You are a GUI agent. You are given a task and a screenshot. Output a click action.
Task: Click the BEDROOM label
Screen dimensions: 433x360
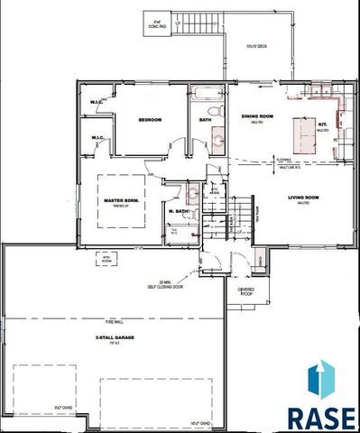tap(149, 119)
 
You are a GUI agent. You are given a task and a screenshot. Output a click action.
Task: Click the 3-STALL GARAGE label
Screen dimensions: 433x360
tap(107, 337)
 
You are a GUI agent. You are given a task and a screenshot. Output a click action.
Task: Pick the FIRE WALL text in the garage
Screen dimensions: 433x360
tap(108, 318)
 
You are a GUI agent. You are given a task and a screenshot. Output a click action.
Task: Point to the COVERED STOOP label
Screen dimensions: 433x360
tap(246, 291)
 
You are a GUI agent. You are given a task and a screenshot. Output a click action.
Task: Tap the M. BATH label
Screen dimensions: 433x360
tap(178, 213)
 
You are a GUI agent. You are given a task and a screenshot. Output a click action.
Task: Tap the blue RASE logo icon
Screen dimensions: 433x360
tap(320, 382)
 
